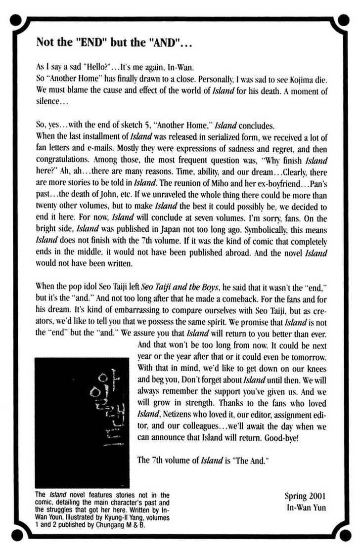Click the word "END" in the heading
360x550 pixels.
94,42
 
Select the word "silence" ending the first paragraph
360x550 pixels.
49,103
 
